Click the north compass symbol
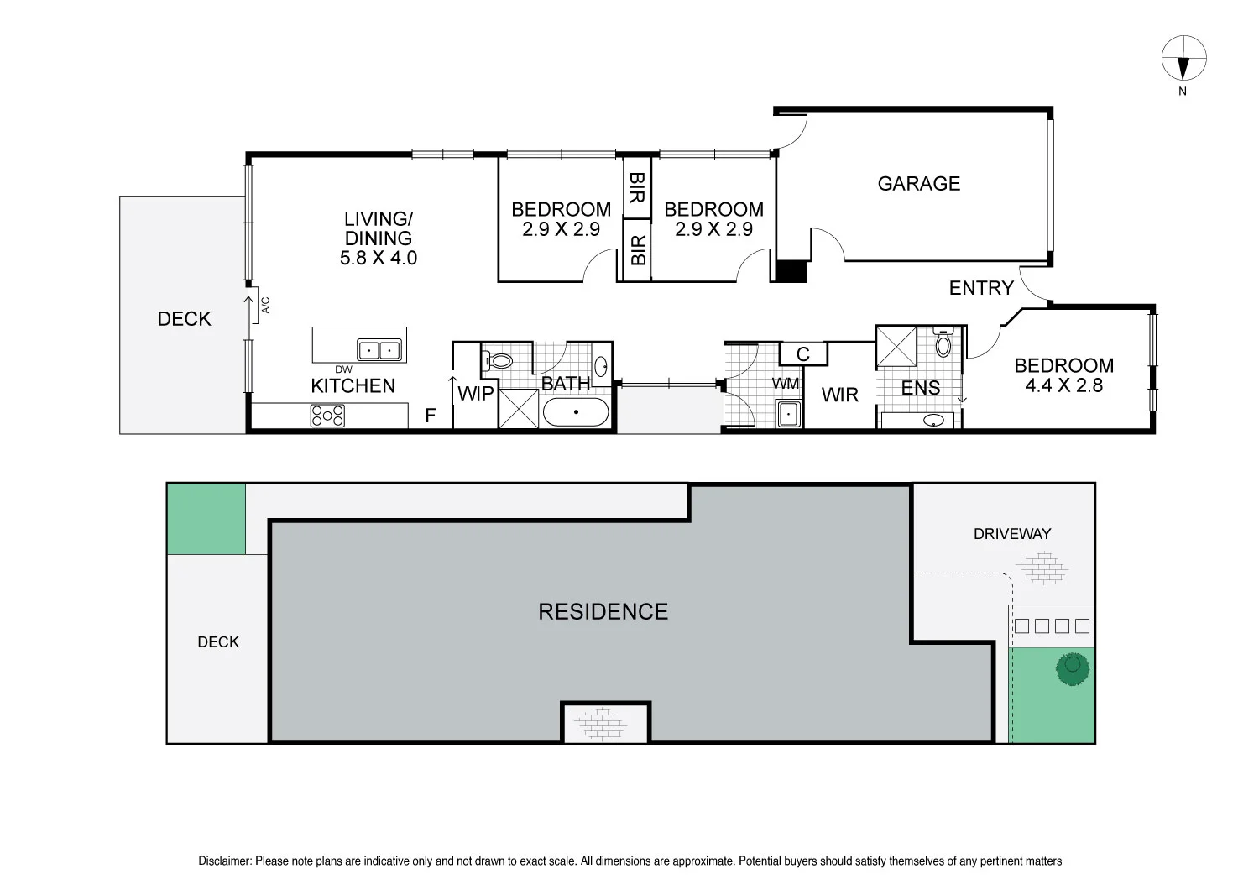pos(1183,59)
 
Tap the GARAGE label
pos(918,183)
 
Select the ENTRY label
pos(981,288)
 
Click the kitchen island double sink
pos(379,349)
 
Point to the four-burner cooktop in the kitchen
pos(327,416)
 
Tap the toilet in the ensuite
pos(943,343)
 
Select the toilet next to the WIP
pos(499,361)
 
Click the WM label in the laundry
pos(786,384)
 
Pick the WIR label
pos(839,395)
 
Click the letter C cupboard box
pos(802,354)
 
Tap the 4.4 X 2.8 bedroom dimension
pos(1063,386)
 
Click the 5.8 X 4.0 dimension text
pos(379,258)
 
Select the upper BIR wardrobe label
pos(636,188)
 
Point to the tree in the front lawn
pos(1072,668)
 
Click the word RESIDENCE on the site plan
pos(603,611)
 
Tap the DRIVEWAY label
pos(1011,533)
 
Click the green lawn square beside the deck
pos(206,519)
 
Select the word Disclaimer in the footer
pos(224,861)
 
